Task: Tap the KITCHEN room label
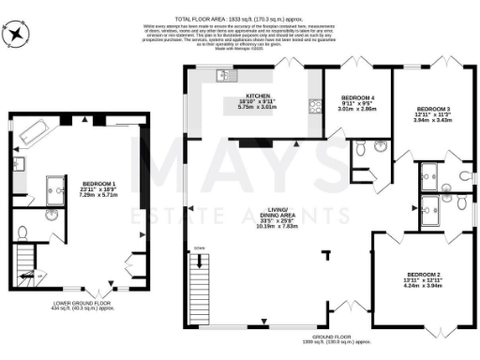point(258,97)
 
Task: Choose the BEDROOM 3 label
point(433,110)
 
